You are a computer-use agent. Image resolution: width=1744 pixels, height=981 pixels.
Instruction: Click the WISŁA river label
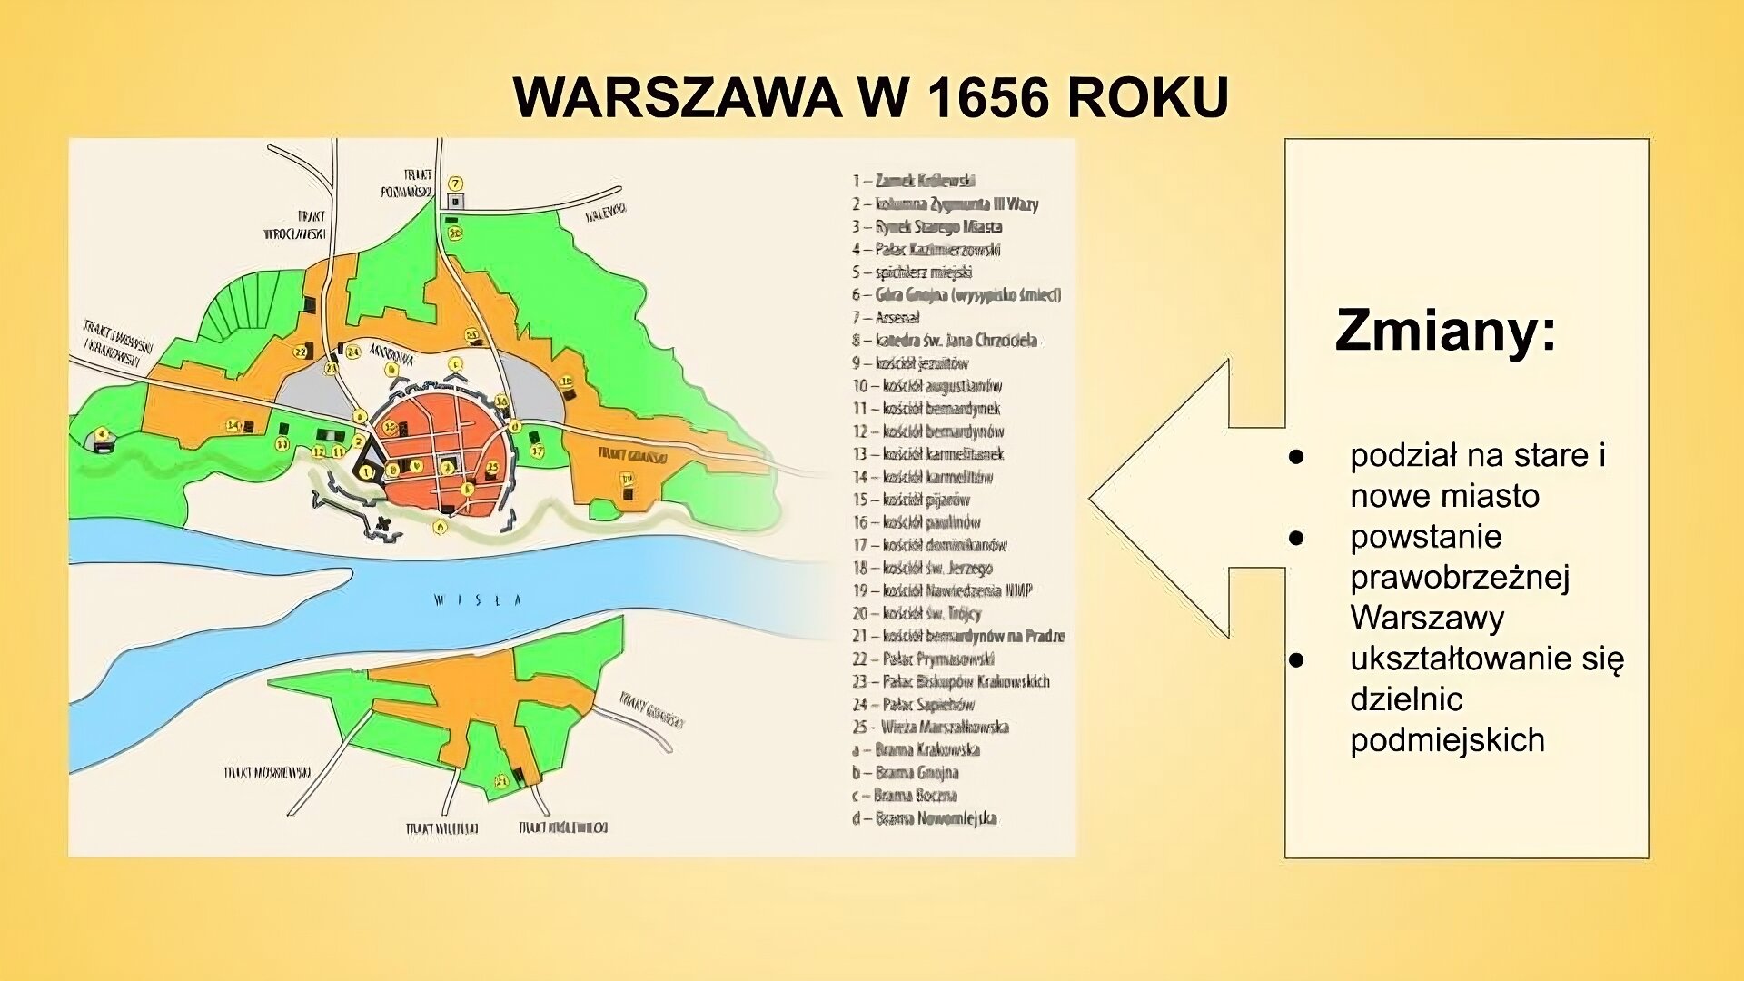click(478, 600)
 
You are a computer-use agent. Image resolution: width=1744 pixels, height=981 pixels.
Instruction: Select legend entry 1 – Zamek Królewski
click(913, 181)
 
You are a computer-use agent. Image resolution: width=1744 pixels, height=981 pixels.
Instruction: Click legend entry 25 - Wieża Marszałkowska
click(930, 727)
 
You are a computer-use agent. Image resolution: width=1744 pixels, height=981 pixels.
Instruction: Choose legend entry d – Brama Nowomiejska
click(924, 818)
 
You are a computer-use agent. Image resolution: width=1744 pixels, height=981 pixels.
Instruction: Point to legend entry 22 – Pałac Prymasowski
click(923, 659)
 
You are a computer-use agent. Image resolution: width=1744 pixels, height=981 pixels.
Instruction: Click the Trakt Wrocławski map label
click(295, 224)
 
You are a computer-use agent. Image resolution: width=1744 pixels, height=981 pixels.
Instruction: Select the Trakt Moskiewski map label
click(267, 772)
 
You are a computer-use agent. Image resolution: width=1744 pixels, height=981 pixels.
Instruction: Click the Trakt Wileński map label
click(441, 828)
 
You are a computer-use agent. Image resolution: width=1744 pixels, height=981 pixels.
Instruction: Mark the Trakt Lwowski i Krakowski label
click(117, 344)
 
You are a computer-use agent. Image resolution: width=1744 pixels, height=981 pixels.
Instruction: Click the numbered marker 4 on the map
click(102, 434)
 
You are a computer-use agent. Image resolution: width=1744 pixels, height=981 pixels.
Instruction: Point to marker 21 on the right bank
click(500, 781)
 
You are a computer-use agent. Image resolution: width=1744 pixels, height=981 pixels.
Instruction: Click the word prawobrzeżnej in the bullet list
click(1460, 578)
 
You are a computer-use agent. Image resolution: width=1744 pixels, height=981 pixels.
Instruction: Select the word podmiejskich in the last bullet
click(1447, 740)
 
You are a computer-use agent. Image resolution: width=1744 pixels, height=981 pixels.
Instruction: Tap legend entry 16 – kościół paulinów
click(916, 522)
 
